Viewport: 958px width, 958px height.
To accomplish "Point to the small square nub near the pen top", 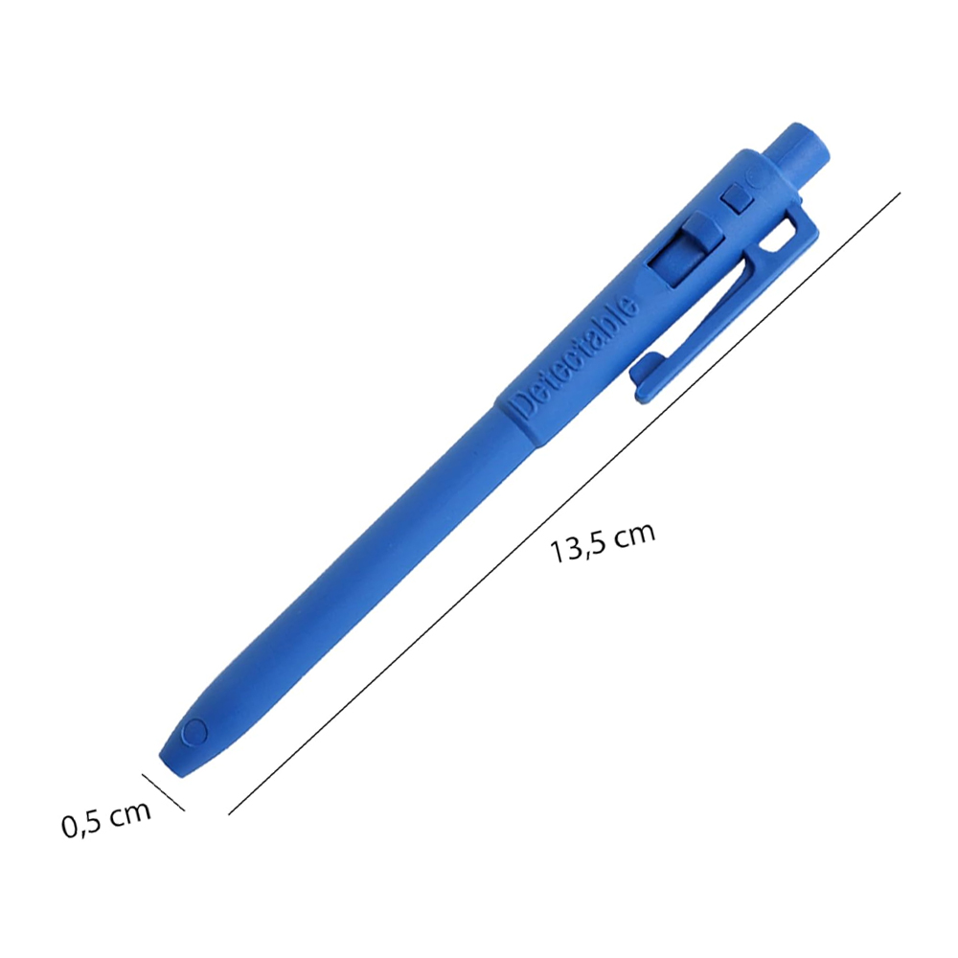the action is tap(736, 198).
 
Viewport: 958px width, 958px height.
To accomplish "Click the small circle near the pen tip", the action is tap(194, 732).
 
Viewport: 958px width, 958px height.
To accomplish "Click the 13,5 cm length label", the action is tap(603, 541).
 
